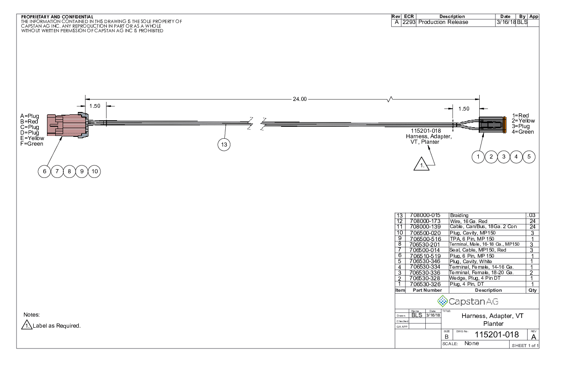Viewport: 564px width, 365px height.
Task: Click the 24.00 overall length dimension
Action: pyautogui.click(x=300, y=99)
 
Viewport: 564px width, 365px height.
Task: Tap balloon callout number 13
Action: pyautogui.click(x=224, y=145)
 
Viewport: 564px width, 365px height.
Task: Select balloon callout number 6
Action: pyautogui.click(x=44, y=171)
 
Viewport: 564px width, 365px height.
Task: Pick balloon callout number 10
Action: pyautogui.click(x=94, y=171)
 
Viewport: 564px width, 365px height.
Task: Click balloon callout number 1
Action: pyautogui.click(x=478, y=157)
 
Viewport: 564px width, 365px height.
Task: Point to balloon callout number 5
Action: pyautogui.click(x=529, y=157)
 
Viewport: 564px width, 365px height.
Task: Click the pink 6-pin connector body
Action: pyautogui.click(x=67, y=125)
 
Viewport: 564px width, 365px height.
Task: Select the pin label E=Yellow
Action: pyautogui.click(x=32, y=138)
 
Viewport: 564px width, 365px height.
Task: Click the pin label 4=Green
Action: pyautogui.click(x=523, y=132)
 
